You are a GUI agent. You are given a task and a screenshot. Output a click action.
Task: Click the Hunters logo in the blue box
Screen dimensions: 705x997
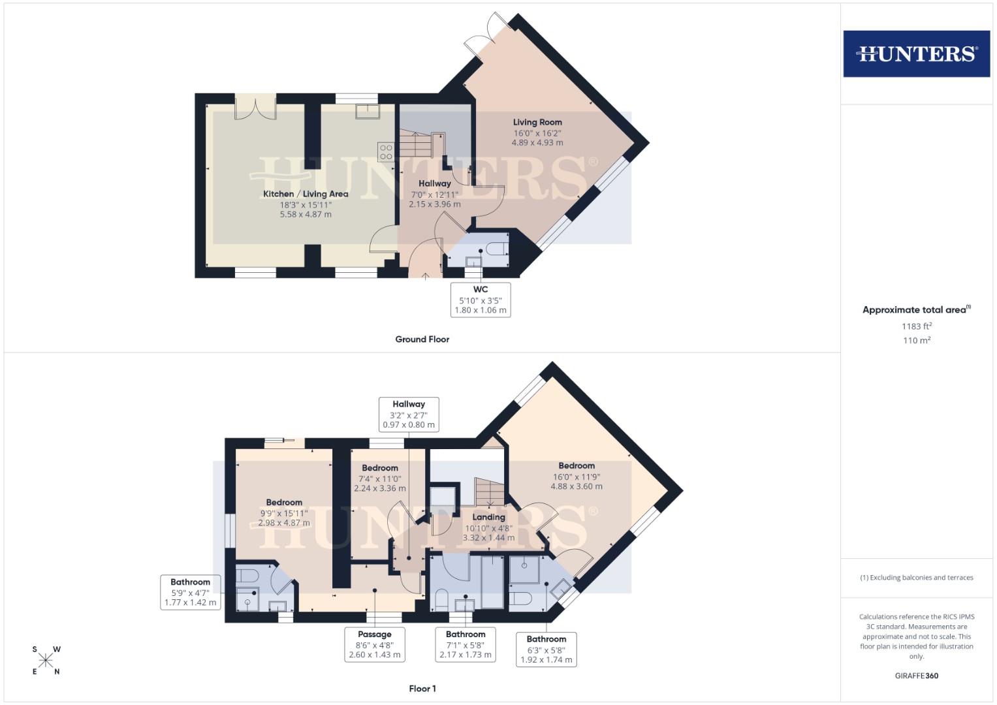[x=916, y=54]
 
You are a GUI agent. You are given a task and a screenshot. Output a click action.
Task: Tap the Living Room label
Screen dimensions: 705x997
[x=537, y=122]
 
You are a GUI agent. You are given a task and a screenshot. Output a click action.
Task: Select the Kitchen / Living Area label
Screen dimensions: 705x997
[x=306, y=194]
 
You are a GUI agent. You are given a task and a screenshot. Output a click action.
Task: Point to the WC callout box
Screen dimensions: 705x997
[x=481, y=300]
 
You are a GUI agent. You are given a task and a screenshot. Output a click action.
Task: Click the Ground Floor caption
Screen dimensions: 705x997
[x=422, y=339]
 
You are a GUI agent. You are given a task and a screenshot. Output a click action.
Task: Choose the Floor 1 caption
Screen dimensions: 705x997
[x=422, y=689]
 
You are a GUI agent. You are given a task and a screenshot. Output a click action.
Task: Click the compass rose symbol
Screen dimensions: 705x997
[x=46, y=661]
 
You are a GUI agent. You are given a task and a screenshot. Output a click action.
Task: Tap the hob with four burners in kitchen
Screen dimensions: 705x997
[x=386, y=152]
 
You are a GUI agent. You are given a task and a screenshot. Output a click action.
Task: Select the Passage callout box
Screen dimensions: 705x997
[x=375, y=644]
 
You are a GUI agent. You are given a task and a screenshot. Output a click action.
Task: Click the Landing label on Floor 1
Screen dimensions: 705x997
[x=488, y=517]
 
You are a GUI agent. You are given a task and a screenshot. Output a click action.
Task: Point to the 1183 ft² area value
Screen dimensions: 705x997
[x=916, y=326]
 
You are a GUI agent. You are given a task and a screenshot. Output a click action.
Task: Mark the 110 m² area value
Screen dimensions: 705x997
[x=916, y=340]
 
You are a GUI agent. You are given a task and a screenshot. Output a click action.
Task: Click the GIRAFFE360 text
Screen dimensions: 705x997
[x=916, y=676]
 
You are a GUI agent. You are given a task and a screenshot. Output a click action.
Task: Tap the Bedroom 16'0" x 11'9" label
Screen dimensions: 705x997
[x=577, y=466]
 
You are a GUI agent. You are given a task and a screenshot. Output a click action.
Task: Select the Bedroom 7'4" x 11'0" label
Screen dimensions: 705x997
[x=380, y=468]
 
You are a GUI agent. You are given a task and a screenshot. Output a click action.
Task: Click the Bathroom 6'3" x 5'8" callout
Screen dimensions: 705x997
[x=546, y=649]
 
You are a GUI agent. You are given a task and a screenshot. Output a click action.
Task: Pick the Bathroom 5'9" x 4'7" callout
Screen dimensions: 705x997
[x=191, y=592]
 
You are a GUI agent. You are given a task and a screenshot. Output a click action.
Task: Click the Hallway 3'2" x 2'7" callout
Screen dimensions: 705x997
[x=409, y=414]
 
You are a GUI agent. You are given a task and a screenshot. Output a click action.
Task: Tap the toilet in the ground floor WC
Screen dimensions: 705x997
[x=497, y=249]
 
